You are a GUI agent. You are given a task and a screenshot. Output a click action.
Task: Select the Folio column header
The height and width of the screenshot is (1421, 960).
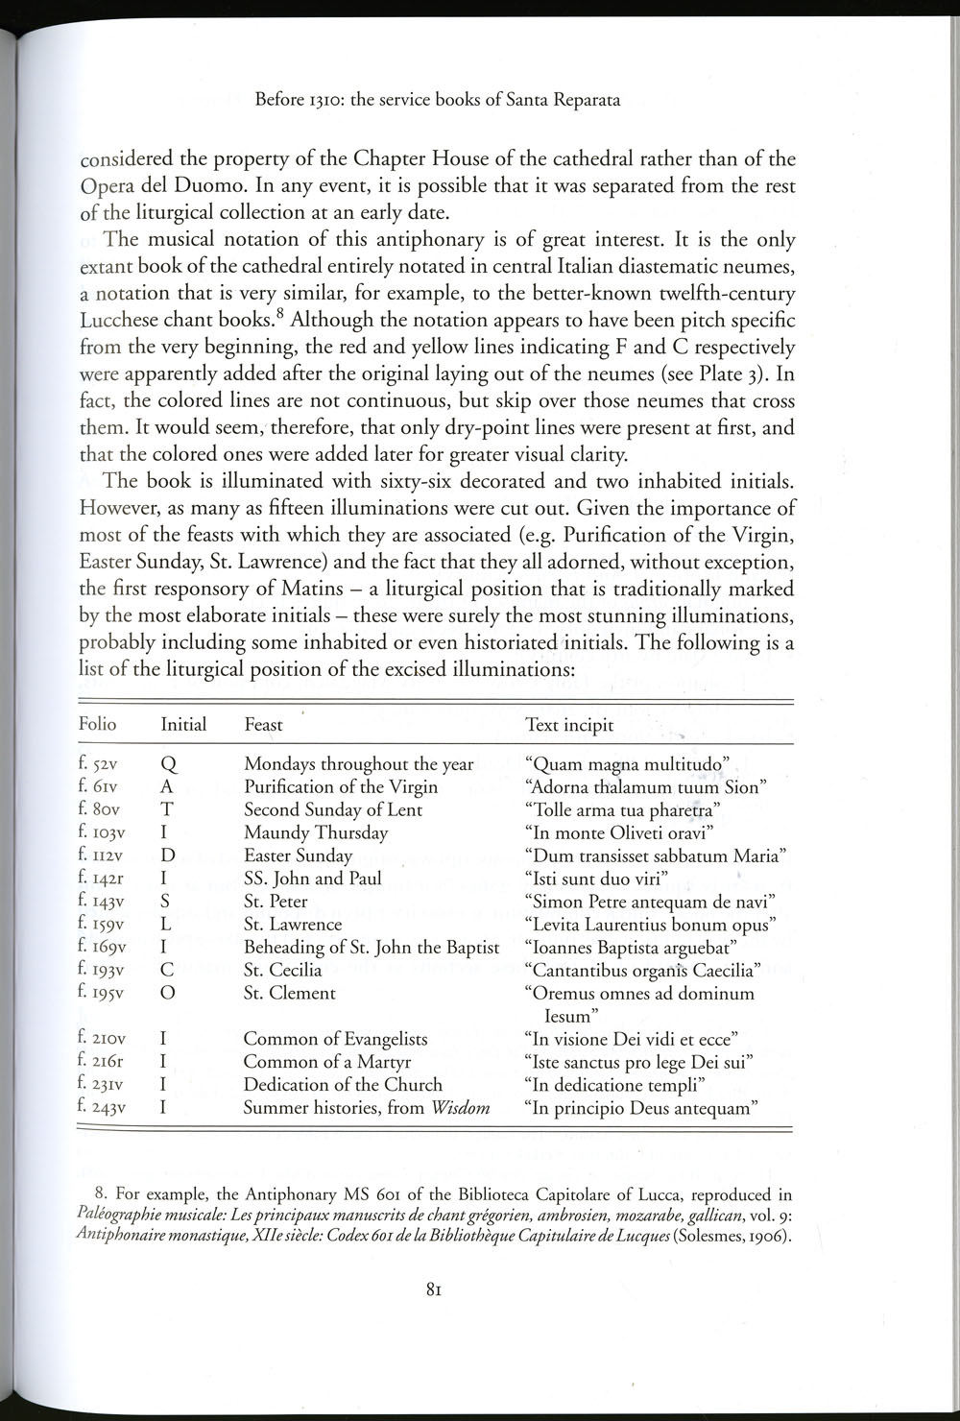(97, 724)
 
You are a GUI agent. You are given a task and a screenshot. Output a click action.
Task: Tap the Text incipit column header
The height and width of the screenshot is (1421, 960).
(569, 725)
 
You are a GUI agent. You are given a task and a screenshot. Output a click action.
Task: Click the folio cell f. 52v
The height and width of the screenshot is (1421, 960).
(98, 764)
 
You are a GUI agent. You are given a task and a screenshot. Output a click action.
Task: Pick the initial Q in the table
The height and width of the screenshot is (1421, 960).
(166, 764)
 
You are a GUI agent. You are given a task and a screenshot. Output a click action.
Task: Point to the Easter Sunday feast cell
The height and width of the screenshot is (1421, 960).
(298, 855)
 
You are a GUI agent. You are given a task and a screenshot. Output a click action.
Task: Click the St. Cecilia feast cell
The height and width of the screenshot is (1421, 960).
(282, 970)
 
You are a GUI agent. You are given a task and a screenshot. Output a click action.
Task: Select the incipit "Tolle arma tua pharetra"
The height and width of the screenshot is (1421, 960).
(623, 809)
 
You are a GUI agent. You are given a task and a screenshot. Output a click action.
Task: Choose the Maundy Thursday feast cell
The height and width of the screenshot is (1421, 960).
(316, 832)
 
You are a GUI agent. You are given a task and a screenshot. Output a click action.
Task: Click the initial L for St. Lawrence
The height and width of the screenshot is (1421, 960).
(165, 925)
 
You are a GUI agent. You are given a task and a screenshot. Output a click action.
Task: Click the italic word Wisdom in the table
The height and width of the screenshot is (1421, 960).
(460, 1107)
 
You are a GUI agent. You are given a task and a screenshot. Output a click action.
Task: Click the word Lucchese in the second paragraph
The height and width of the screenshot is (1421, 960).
(116, 320)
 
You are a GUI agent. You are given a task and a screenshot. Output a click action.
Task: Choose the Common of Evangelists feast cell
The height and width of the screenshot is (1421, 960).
(335, 1039)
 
